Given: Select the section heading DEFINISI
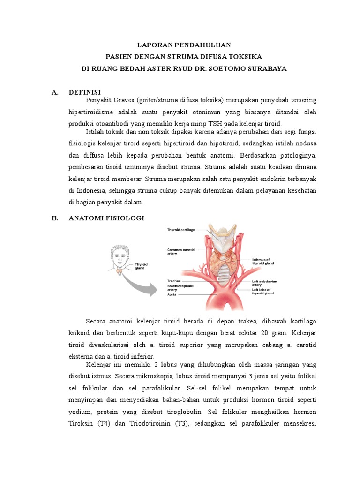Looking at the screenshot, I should tap(85, 92).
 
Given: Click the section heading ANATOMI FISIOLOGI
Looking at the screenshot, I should tap(106, 218).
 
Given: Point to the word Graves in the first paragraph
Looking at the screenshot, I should tap(124, 100).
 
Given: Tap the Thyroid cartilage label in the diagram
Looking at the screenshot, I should tap(181, 230).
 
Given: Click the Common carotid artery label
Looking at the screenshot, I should tap(180, 252).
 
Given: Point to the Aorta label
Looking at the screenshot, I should tap(172, 295).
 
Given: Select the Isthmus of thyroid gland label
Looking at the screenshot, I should tap(262, 262).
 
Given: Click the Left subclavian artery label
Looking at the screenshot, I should tap(264, 283).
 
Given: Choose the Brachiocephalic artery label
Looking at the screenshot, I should tap(180, 287).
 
